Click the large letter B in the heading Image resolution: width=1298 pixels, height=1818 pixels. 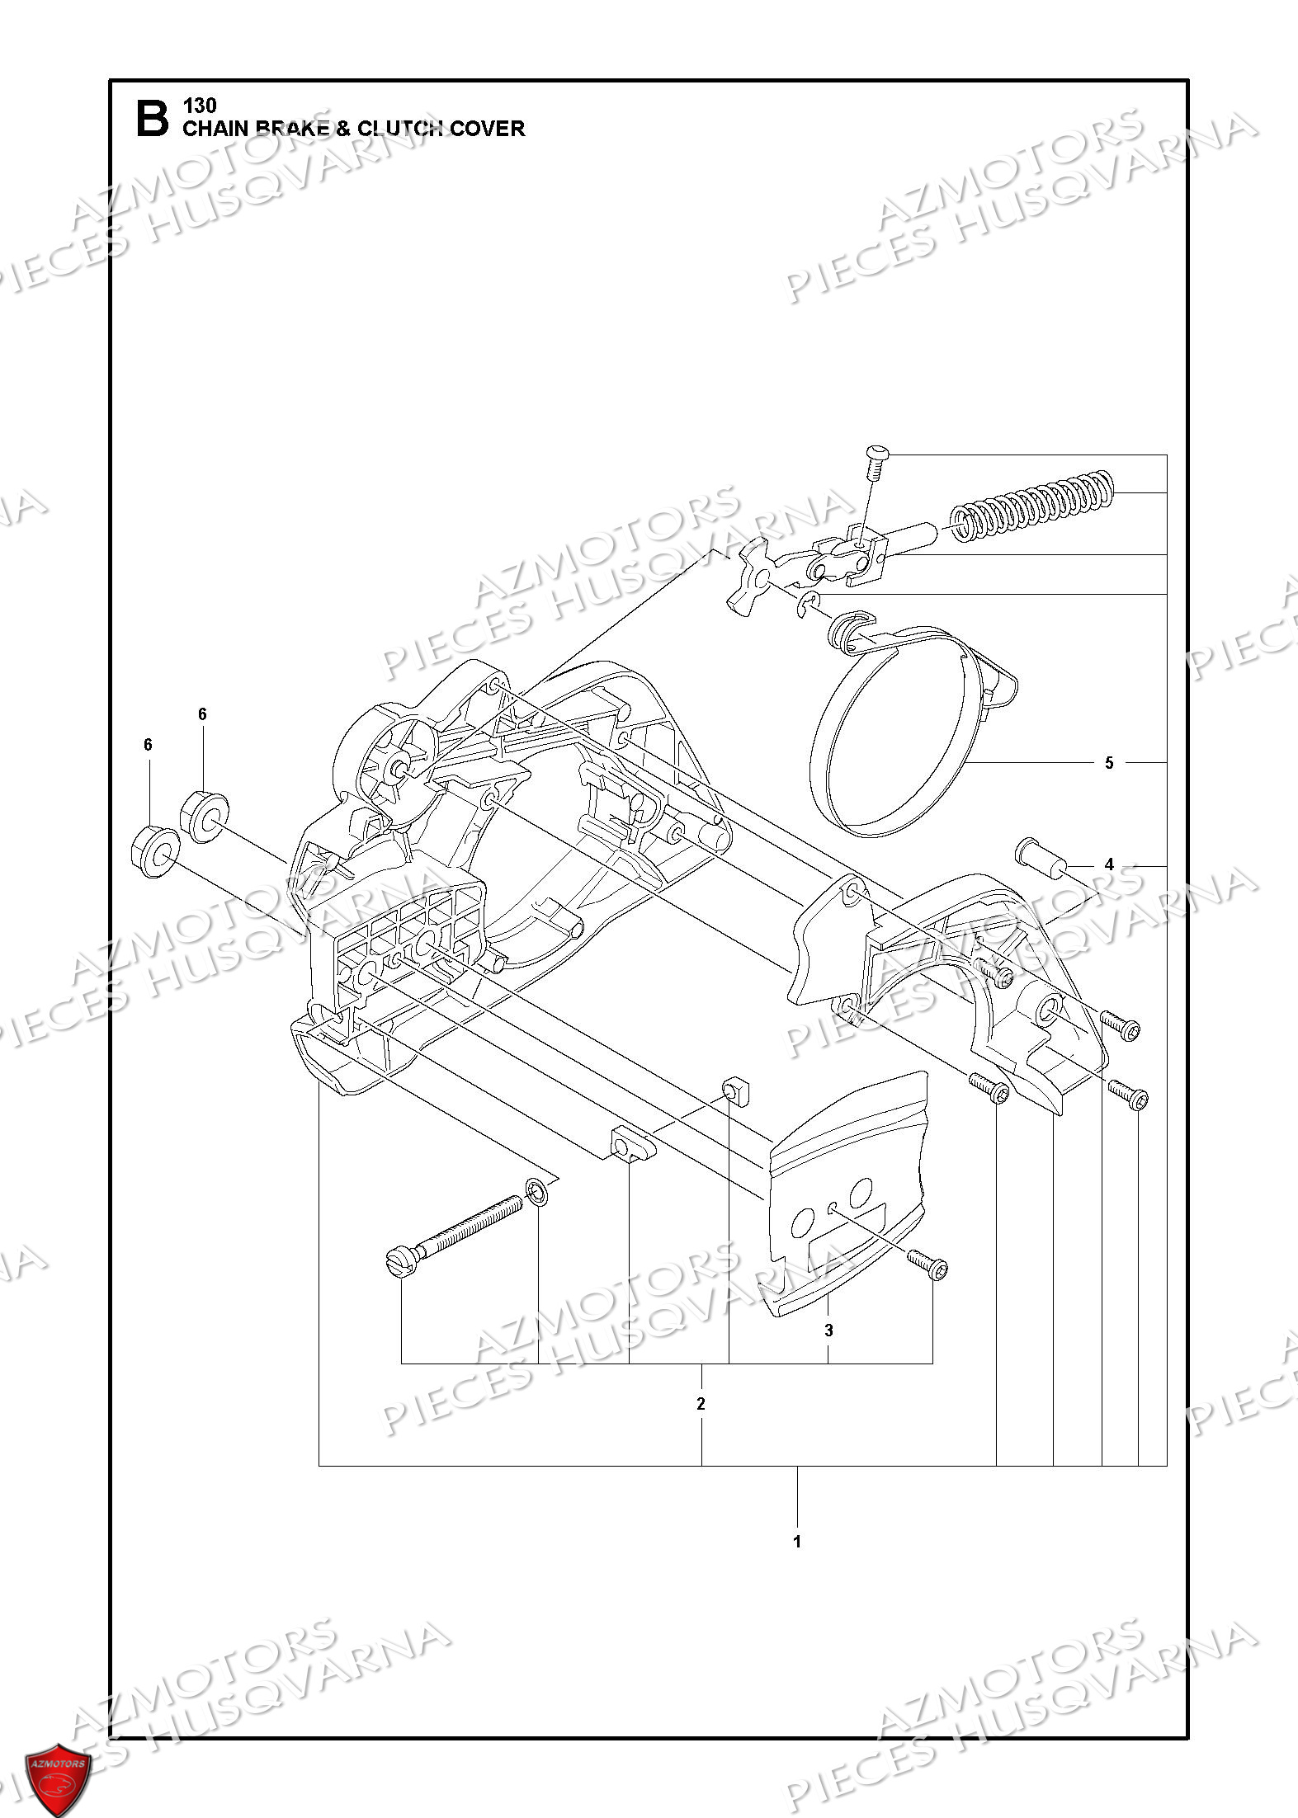[152, 119]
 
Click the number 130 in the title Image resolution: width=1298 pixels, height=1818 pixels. [200, 106]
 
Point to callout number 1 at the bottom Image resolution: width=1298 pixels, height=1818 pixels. [797, 1542]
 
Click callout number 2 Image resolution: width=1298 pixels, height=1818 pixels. [701, 1404]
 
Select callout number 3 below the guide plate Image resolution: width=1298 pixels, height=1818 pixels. [828, 1331]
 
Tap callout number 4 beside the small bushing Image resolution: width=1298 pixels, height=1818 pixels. [1109, 864]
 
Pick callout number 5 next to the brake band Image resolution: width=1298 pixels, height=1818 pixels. [1109, 763]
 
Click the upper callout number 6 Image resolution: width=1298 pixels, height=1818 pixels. [202, 714]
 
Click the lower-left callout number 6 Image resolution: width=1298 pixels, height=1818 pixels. [148, 745]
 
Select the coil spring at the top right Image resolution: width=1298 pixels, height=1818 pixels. [1031, 506]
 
